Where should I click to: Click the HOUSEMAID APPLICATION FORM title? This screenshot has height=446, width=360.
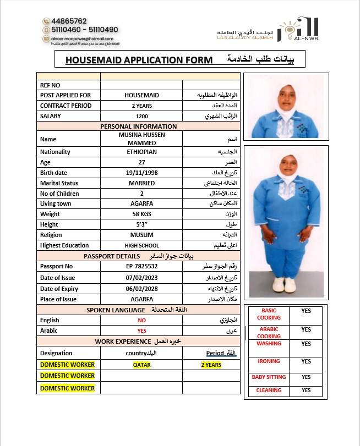tap(138, 60)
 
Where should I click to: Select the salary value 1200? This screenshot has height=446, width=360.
tap(141, 116)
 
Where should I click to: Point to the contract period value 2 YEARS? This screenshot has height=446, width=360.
tap(141, 106)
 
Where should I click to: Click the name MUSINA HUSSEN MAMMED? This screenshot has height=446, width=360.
tap(141, 139)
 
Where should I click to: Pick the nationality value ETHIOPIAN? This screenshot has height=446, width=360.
tap(141, 152)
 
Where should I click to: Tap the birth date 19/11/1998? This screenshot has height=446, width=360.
tap(141, 173)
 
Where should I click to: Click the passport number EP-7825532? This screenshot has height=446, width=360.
tap(141, 267)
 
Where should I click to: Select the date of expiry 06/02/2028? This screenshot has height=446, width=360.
tap(141, 289)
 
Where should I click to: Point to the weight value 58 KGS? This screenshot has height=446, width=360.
tap(141, 214)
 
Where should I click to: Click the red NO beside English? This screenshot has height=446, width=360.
tap(141, 320)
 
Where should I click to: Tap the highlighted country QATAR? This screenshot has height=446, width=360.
tap(141, 365)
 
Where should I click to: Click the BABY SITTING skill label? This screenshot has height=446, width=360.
tap(269, 377)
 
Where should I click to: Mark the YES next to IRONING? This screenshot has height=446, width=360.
tap(306, 361)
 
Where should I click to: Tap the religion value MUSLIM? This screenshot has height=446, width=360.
tap(141, 235)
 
